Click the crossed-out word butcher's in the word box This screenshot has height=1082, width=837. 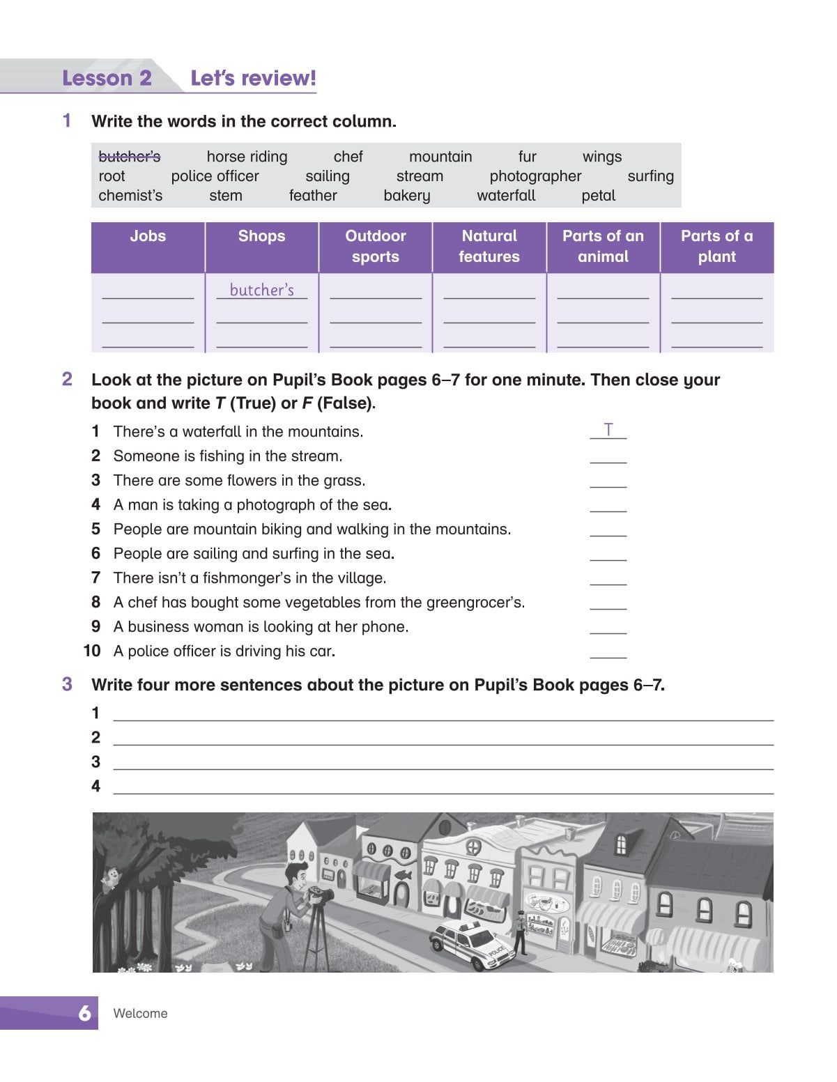(130, 157)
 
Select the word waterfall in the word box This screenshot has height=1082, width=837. (506, 196)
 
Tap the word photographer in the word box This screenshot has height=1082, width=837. (535, 176)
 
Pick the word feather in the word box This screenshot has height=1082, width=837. (313, 196)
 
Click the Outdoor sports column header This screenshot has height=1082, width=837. (375, 247)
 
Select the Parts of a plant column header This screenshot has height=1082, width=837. (716, 247)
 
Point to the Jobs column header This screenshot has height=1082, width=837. (148, 236)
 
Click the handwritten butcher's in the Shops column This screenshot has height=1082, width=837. (261, 290)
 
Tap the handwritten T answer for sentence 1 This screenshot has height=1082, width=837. (608, 430)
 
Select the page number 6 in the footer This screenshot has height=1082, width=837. (84, 1013)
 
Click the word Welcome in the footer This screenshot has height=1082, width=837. (140, 1014)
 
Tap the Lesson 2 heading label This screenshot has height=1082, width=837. (107, 78)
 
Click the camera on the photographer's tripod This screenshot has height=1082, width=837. (322, 893)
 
